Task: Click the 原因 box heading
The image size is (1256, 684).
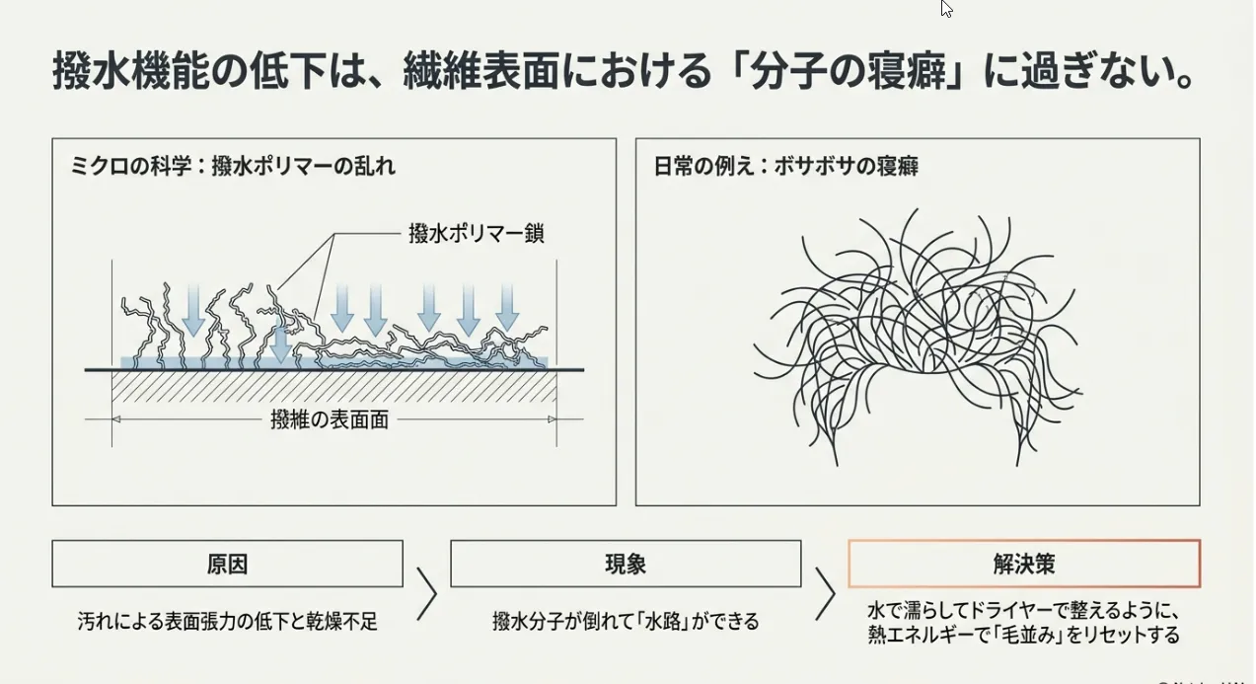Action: [227, 564]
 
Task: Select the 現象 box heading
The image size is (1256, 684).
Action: [626, 564]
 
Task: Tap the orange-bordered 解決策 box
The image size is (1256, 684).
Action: [1024, 564]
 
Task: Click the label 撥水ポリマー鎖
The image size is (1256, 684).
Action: [476, 234]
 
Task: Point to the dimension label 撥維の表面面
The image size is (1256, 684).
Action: [330, 419]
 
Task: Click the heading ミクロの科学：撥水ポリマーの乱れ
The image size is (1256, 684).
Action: [233, 167]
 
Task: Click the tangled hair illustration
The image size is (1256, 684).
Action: [918, 336]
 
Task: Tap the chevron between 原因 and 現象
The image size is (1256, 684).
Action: [426, 593]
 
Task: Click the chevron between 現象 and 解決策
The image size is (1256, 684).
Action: [825, 593]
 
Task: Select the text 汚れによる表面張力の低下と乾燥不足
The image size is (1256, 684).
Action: [228, 622]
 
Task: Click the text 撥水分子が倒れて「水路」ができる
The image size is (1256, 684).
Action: [626, 622]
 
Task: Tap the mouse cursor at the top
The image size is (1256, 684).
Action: [946, 9]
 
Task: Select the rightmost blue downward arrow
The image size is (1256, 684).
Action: [506, 307]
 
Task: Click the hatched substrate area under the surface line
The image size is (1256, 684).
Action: [335, 387]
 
